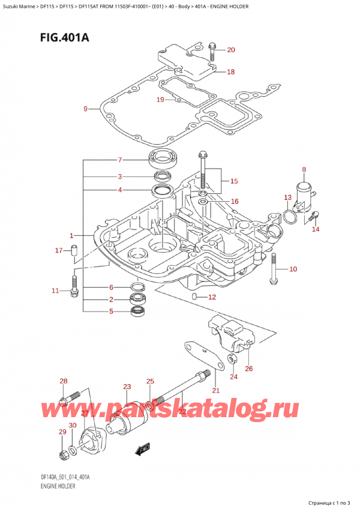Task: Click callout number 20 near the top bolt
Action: click(232, 50)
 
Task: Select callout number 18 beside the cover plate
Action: click(230, 72)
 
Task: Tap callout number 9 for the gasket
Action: click(85, 109)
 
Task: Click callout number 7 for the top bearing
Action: click(120, 160)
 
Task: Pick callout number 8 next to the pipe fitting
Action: click(304, 170)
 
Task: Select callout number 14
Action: click(316, 229)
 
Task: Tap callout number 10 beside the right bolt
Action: click(293, 269)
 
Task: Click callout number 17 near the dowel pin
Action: click(58, 250)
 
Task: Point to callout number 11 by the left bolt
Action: click(55, 291)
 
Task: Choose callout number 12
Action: click(211, 297)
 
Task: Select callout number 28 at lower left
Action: click(64, 382)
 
